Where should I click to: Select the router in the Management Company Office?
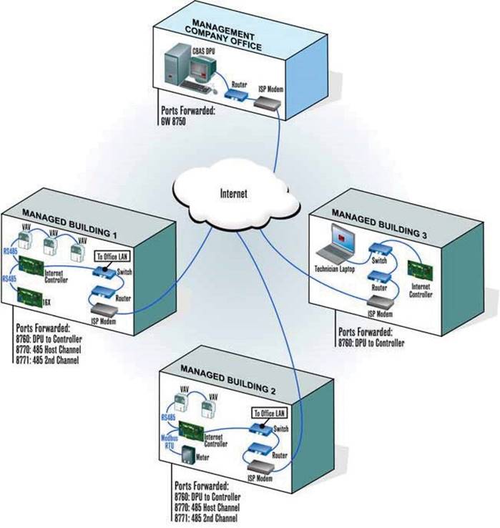pyautogui.click(x=236, y=94)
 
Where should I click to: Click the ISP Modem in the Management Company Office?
pyautogui.click(x=270, y=104)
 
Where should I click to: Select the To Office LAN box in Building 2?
pyautogui.click(x=265, y=413)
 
